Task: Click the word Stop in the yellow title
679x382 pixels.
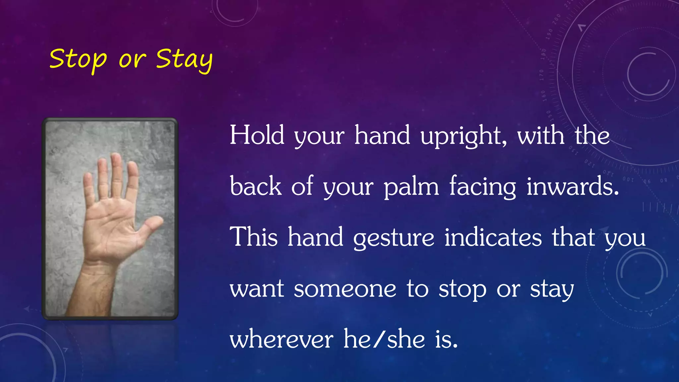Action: tap(78, 60)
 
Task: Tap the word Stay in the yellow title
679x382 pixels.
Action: tap(184, 60)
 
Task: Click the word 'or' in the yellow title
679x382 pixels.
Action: tap(132, 60)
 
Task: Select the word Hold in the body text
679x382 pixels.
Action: tap(257, 135)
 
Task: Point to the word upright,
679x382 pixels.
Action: tap(463, 137)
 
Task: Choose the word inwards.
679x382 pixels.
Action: tap(573, 186)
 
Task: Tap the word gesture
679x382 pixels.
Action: tap(394, 237)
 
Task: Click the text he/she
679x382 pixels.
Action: tap(384, 339)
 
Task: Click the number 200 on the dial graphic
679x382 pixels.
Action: tap(556, 20)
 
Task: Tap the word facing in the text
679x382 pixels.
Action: tap(483, 187)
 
